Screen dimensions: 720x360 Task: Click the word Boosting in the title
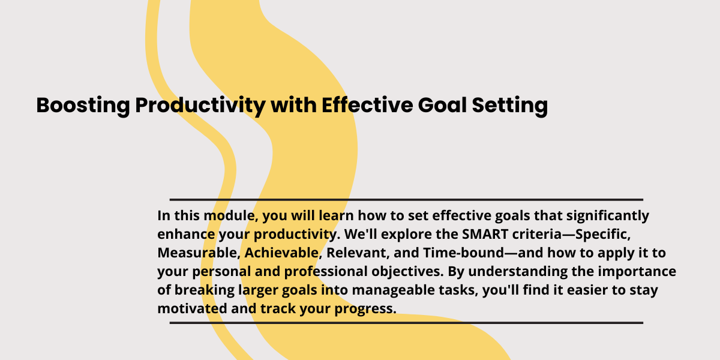(83, 106)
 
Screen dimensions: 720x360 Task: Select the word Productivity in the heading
(200, 106)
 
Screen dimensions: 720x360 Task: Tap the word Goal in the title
(442, 105)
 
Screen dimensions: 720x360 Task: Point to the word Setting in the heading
(510, 106)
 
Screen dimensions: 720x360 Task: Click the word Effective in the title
(367, 105)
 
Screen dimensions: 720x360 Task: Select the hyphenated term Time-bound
(463, 253)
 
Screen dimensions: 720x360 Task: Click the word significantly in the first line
(607, 216)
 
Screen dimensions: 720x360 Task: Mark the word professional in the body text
(326, 272)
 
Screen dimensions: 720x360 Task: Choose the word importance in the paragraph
(637, 272)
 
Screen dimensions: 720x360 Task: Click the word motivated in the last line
(192, 308)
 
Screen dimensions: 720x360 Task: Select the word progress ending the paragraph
(365, 309)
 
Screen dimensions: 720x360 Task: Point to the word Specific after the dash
(602, 235)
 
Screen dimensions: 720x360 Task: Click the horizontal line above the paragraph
(406, 200)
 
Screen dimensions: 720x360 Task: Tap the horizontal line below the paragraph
(406, 323)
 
